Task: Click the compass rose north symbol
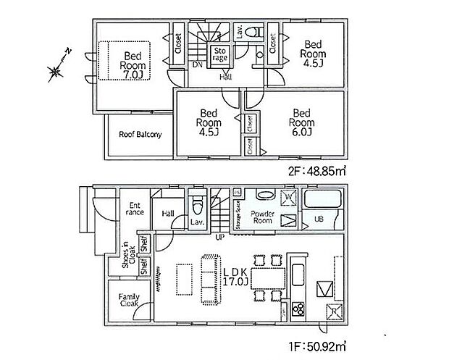pyautogui.click(x=56, y=68)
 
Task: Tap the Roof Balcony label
pyautogui.click(x=140, y=135)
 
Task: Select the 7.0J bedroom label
pyautogui.click(x=133, y=65)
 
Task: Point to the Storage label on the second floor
pyautogui.click(x=220, y=54)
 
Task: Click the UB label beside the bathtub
pyautogui.click(x=318, y=218)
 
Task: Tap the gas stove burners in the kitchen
pyautogui.click(x=299, y=309)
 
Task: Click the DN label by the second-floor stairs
pyautogui.click(x=197, y=64)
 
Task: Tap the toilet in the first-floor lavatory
pyautogui.click(x=196, y=201)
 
